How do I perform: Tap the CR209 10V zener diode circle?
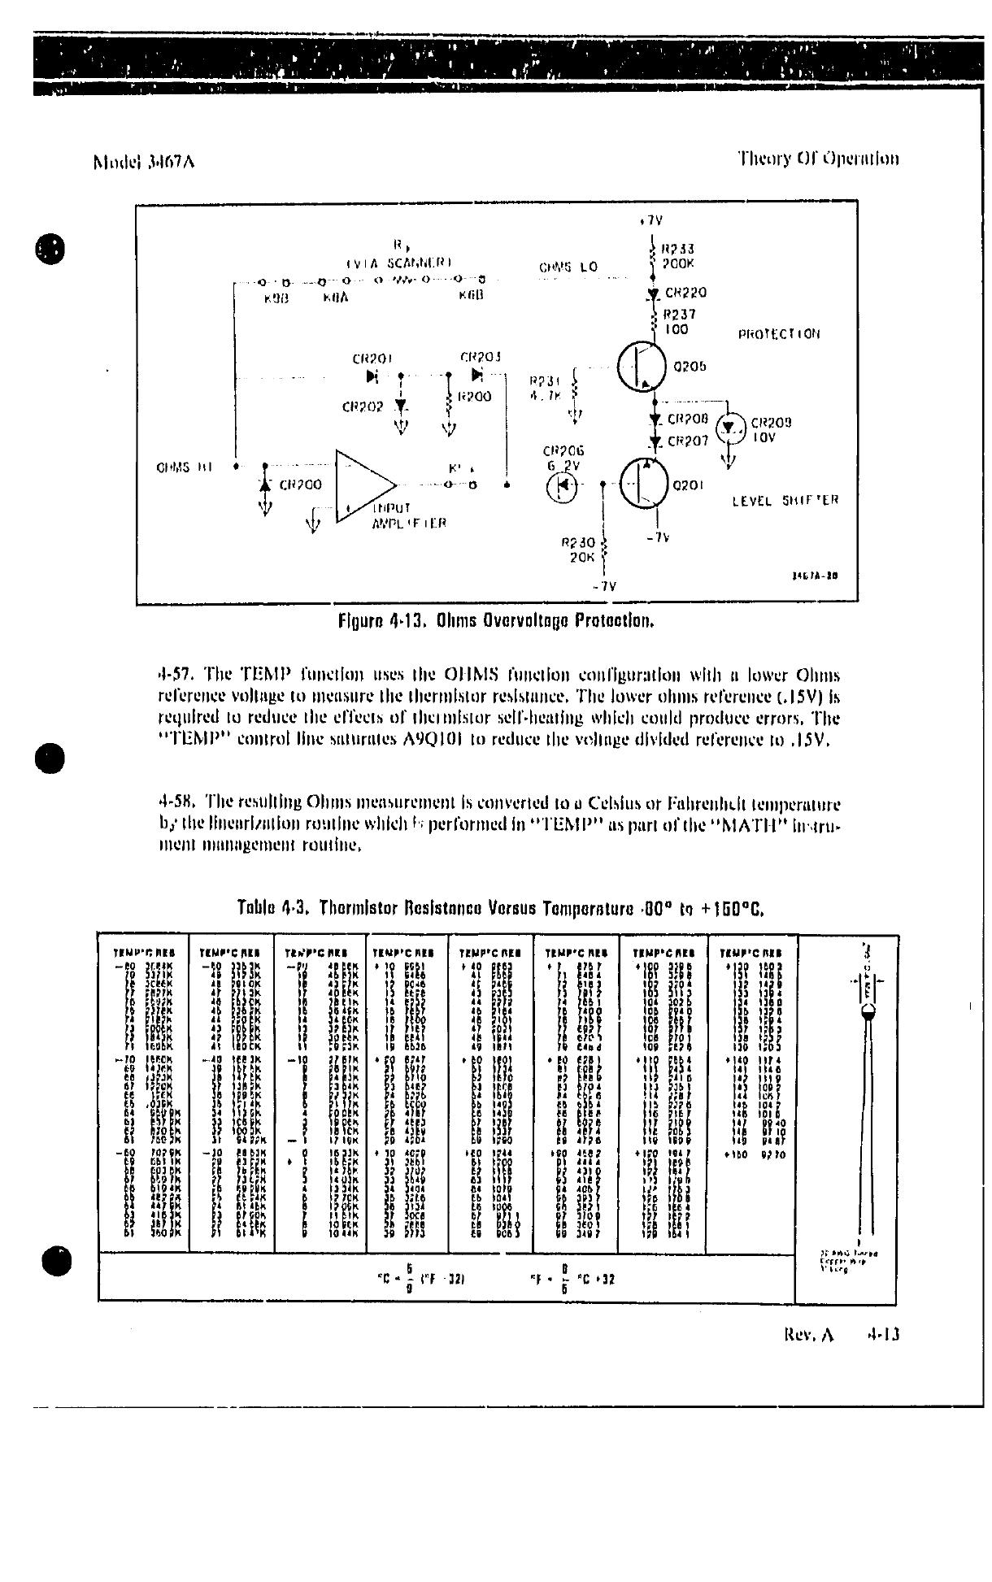pos(733,428)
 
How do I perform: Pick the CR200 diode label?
pos(300,485)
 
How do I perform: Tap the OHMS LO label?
pos(568,267)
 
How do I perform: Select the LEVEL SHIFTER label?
pos(785,501)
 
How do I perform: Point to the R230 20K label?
pos(578,550)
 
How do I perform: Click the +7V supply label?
pos(652,220)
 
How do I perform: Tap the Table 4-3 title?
pos(499,906)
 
